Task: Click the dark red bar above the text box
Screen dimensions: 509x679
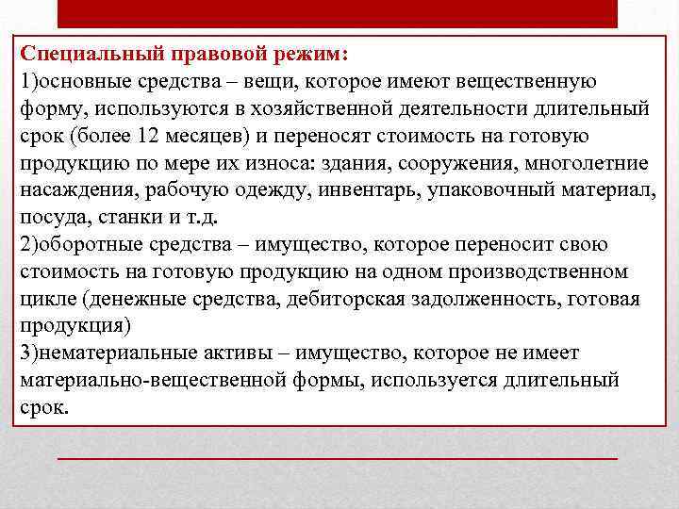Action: [x=338, y=13]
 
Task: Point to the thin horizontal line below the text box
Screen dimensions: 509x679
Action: [x=338, y=457]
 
